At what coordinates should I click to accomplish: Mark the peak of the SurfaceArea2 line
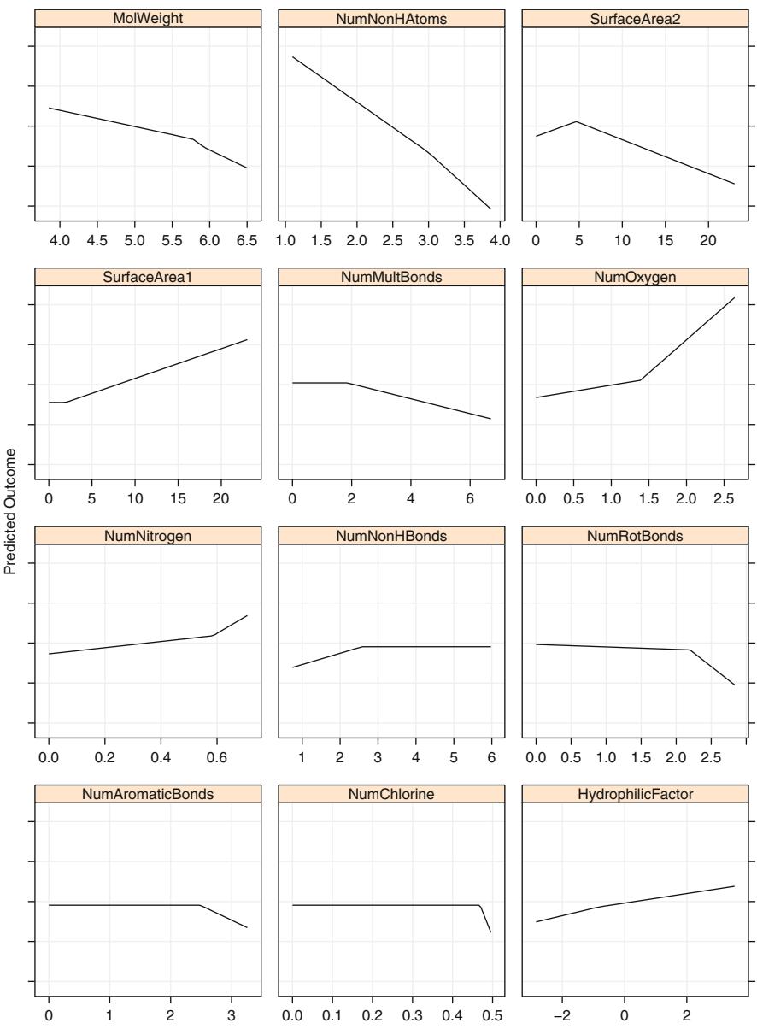click(578, 121)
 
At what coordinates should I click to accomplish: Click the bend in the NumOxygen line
click(641, 379)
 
